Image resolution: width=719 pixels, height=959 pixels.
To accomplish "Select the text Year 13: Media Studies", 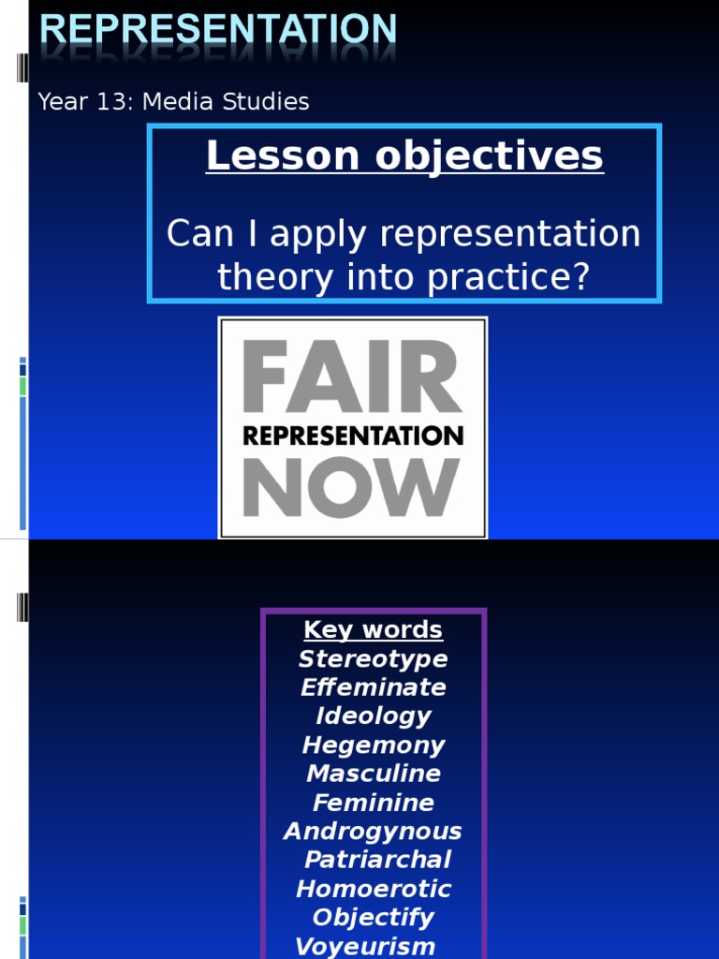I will point(173,102).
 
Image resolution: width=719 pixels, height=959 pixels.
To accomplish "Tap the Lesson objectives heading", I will point(404,156).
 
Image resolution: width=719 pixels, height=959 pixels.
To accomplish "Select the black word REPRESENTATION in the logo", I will point(353,435).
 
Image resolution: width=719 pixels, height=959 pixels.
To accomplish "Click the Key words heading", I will point(373,629).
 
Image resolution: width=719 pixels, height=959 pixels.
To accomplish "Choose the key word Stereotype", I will point(373,658).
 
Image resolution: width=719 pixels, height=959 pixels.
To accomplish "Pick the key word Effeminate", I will point(373,687).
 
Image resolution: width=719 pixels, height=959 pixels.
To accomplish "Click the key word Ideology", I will point(373,716).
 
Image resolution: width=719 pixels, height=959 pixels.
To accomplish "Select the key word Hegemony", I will point(373,745).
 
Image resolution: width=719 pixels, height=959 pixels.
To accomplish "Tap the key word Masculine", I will point(373,774).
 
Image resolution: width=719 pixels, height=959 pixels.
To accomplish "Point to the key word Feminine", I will point(373,803).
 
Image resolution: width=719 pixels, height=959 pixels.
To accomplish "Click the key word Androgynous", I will point(373,832).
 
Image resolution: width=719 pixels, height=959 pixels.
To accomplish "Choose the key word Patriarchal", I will point(377,860).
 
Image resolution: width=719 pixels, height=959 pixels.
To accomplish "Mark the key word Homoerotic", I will point(373,889).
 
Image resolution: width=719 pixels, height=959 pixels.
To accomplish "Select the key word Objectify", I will point(373,918).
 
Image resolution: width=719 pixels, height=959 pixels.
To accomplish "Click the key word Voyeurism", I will point(365,946).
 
